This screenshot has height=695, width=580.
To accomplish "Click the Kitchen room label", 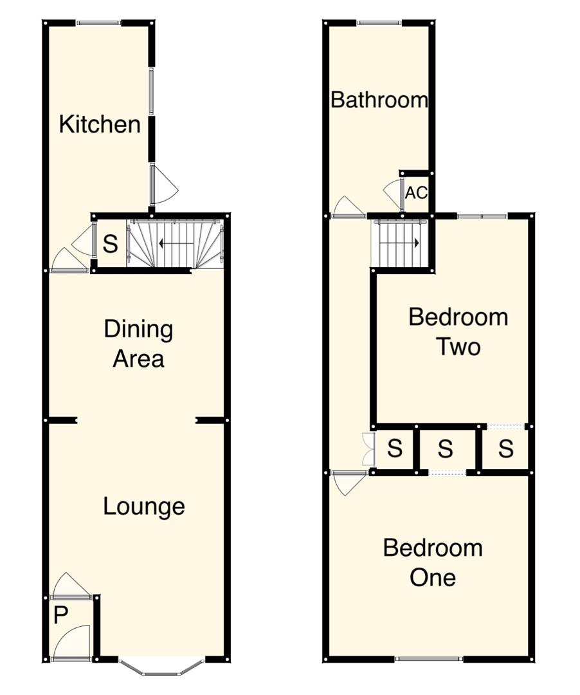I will (x=100, y=124).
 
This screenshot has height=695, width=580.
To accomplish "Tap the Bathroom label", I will (x=379, y=100).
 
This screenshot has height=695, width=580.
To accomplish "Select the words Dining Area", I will (x=139, y=344).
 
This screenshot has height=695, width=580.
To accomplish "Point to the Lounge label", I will (x=144, y=506).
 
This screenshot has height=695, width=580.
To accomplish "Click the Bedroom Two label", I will (x=458, y=332).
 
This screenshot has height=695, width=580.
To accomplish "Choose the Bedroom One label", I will (x=432, y=562).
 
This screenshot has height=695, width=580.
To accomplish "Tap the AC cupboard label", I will (x=416, y=192).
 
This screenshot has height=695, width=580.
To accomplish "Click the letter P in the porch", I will (x=60, y=616).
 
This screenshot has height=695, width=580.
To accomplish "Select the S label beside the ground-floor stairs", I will (x=111, y=245).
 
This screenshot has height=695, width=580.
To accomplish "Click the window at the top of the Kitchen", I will (x=98, y=23).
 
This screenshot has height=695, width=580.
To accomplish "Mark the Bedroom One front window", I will (x=429, y=658).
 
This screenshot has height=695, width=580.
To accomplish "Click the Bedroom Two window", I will (x=482, y=216).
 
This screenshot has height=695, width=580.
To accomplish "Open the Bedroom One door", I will (x=350, y=481).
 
